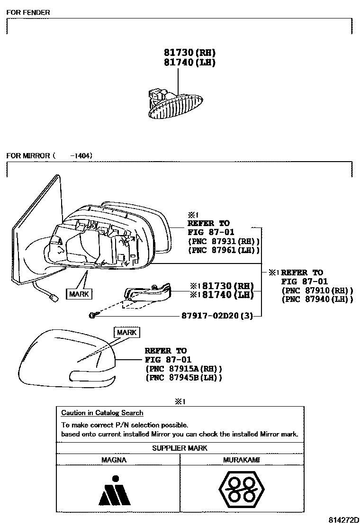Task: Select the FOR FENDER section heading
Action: click(28, 12)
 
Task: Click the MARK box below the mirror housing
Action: click(79, 294)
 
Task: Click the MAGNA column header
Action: click(114, 460)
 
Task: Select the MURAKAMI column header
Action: click(242, 460)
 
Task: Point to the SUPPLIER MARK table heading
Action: click(180, 448)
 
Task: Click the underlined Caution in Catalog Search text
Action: click(102, 413)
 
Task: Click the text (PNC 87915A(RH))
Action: click(184, 368)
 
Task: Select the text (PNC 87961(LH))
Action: click(224, 250)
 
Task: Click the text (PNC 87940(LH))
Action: click(317, 299)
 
